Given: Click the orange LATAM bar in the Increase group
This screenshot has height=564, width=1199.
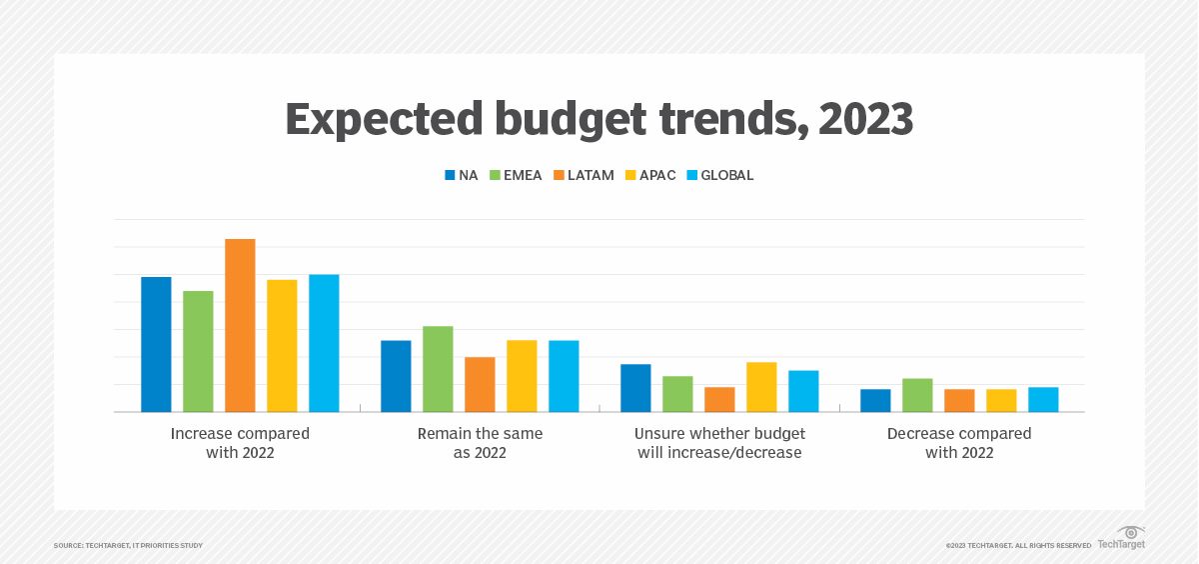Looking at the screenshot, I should pos(240,325).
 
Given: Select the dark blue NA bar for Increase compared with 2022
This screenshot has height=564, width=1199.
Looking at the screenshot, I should pos(156,344).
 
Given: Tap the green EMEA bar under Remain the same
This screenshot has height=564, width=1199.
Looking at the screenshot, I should pos(438,369).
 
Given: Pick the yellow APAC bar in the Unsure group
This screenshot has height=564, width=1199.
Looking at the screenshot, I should pos(761,387).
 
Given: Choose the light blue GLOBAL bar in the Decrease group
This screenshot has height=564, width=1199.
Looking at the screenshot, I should pos(1043,399).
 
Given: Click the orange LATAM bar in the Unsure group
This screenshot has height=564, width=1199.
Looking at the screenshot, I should pos(719,399).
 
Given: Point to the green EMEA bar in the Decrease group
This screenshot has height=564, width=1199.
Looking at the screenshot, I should pos(917,395).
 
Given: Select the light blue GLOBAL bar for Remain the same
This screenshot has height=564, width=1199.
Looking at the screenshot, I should pos(564,376).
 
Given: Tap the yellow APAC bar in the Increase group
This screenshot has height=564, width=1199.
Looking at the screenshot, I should pos(282,346).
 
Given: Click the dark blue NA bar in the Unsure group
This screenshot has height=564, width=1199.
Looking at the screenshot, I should pos(635,388).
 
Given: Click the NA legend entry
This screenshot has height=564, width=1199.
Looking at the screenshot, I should pos(462,175).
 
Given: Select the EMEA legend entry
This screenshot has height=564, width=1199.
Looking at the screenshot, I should pos(516,175).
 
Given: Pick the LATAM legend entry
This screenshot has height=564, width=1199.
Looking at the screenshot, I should pos(584,175).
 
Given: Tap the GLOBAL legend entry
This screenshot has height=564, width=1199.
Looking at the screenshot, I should pos(718,175).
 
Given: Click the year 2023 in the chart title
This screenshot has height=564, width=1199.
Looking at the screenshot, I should pos(865,120).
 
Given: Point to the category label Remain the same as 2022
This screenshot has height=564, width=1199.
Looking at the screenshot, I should pos(480,443).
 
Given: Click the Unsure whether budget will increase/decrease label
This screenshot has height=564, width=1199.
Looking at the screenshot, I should pos(719,443).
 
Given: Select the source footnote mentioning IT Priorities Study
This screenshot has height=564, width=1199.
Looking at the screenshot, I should pos(128,545).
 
